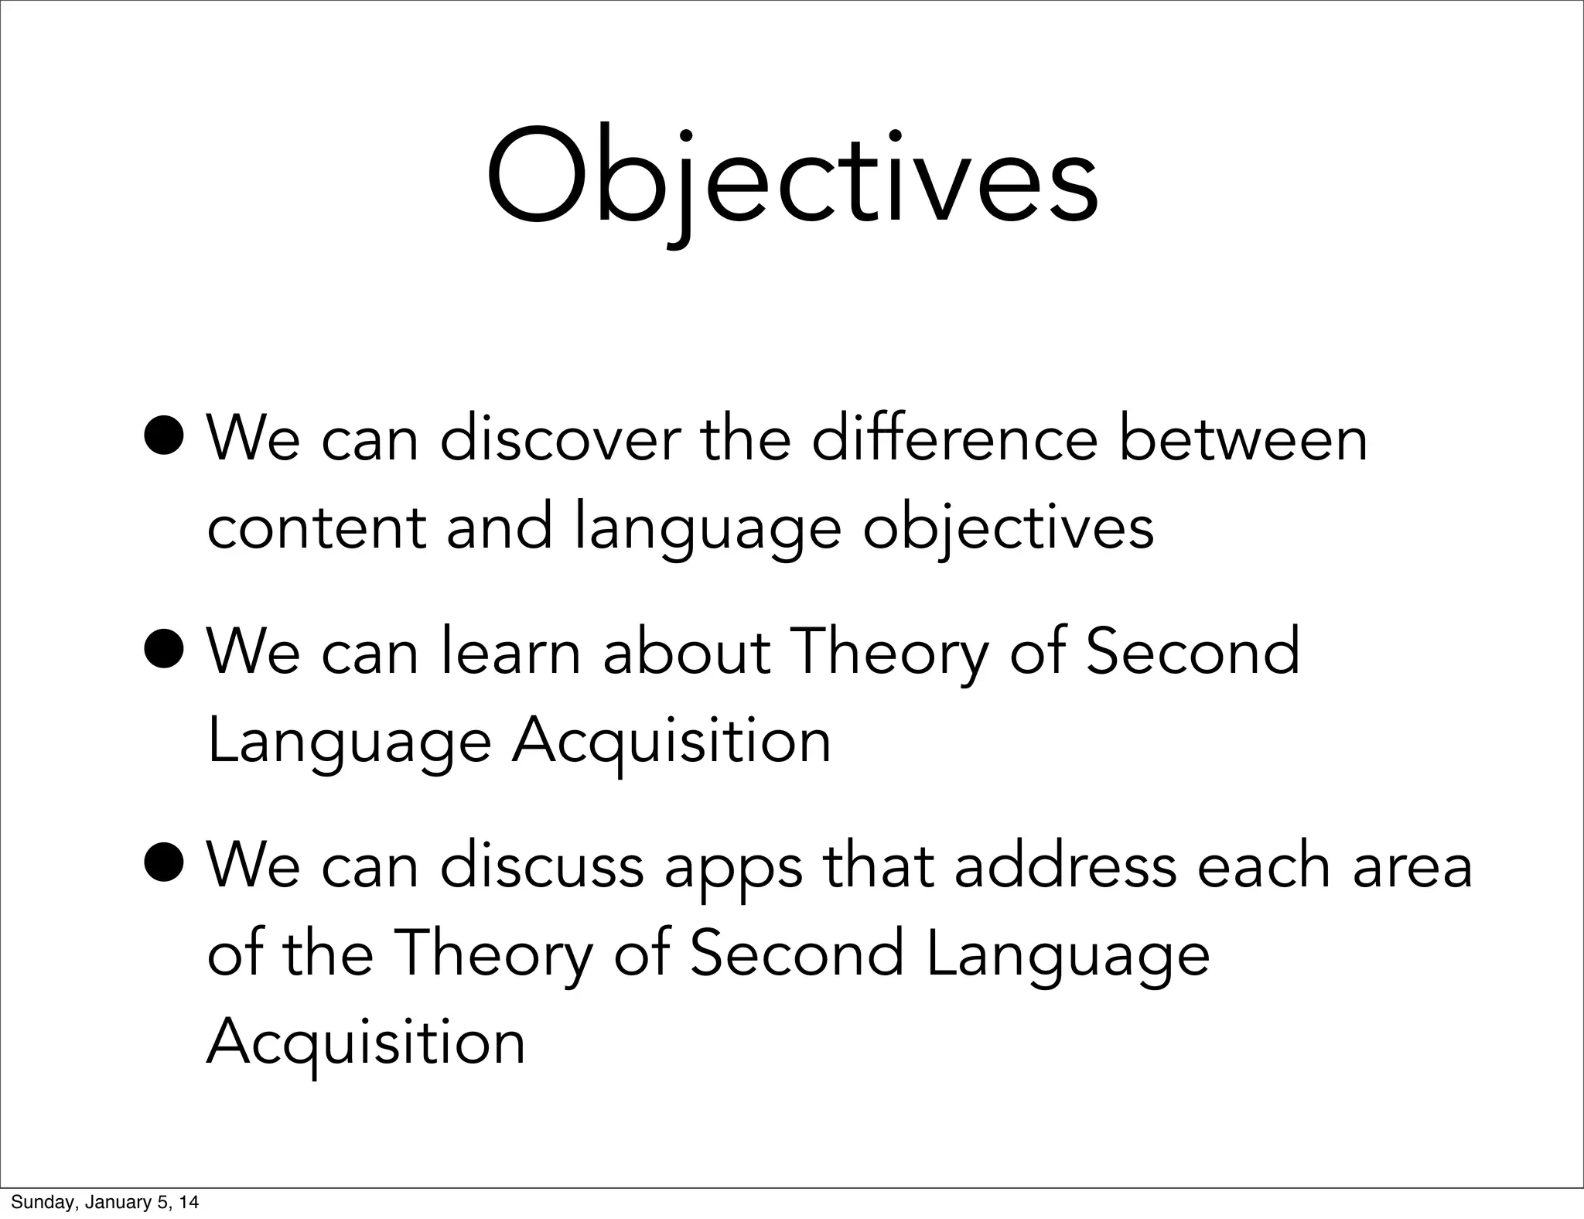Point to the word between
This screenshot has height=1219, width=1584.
(1243, 439)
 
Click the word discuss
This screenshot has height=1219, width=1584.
(541, 866)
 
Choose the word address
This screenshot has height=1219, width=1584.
(1065, 866)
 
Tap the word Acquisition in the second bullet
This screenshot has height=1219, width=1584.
(671, 741)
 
